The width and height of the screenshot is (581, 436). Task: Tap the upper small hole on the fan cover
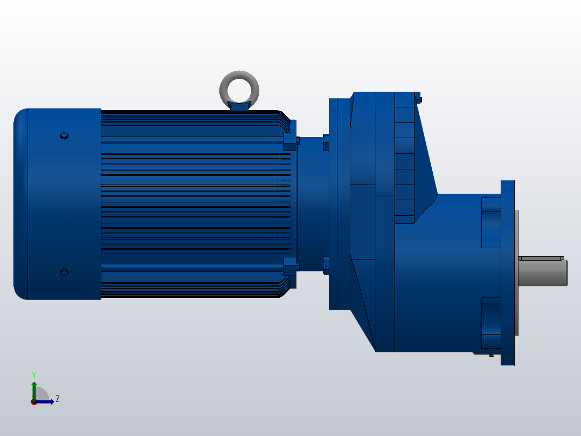[64, 135]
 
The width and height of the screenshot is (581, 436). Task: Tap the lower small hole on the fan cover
[64, 272]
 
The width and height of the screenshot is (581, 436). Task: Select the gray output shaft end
[542, 271]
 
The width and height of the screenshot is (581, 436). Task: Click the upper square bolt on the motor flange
[290, 141]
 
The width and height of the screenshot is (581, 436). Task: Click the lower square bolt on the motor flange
[290, 266]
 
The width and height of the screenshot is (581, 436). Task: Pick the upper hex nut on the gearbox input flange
[326, 142]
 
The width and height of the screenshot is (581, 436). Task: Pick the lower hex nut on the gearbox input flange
[326, 265]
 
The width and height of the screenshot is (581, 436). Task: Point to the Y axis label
[33, 374]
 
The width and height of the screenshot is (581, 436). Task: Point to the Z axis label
[57, 399]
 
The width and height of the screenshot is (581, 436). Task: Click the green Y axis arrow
[34, 389]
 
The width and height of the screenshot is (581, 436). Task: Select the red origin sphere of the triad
[33, 402]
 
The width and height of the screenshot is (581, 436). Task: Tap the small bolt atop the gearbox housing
[418, 98]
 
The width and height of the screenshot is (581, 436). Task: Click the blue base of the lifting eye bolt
[239, 106]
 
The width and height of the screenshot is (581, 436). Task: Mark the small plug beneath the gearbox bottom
[490, 355]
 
